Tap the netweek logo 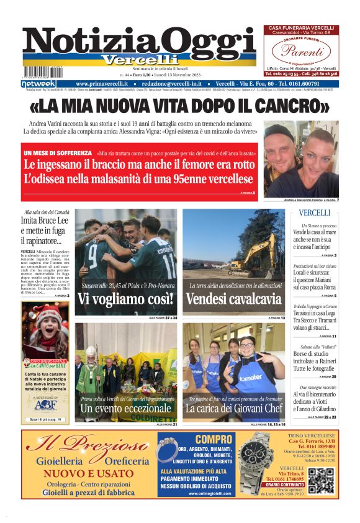(x=38, y=83)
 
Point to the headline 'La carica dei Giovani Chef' (x=234, y=409)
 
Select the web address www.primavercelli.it (x=102, y=83)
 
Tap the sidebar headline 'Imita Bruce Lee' (x=45, y=221)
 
